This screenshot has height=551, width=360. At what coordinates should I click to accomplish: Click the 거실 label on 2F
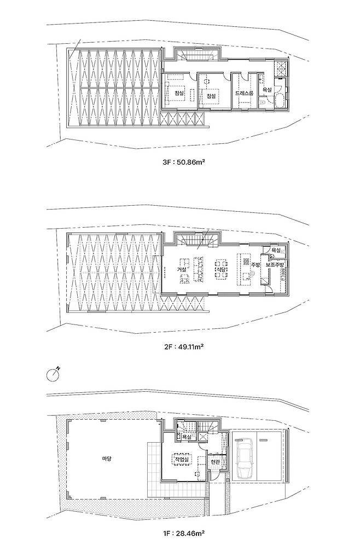tap(182, 269)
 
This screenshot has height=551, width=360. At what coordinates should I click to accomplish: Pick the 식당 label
tap(220, 269)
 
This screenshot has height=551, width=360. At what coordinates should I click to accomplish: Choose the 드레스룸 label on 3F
tap(245, 94)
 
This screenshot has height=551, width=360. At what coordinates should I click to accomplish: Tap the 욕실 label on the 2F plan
tap(276, 250)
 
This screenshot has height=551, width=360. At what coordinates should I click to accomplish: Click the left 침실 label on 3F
tap(179, 94)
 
